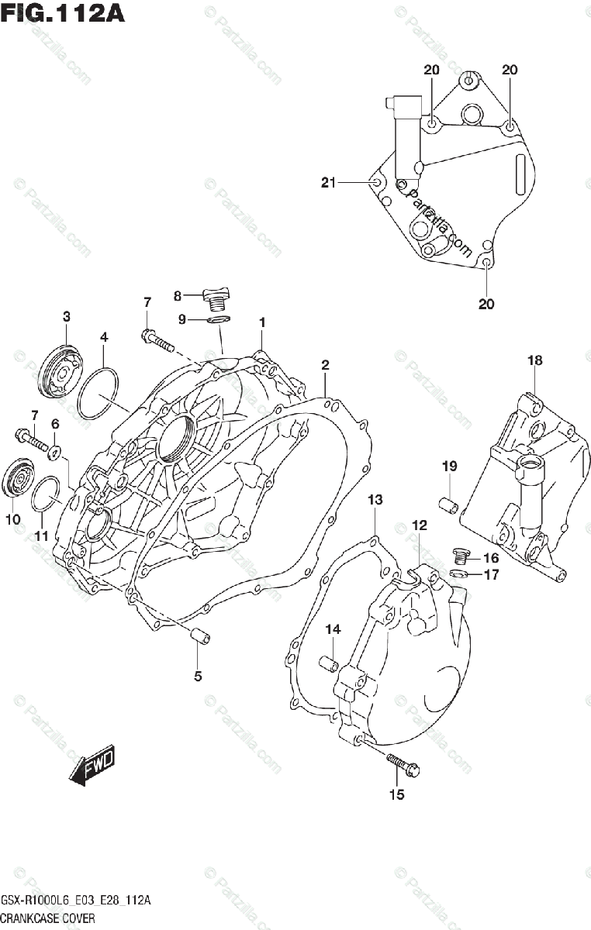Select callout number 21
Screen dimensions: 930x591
[328, 182]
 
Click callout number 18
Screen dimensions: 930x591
[534, 360]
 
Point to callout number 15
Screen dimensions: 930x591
[396, 794]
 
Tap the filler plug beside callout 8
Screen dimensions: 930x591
[216, 298]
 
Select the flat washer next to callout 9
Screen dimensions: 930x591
[219, 319]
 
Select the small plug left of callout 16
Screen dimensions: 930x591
[461, 555]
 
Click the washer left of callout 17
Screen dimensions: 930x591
[460, 574]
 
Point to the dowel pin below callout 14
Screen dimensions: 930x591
[329, 665]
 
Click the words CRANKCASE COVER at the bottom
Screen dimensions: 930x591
[48, 918]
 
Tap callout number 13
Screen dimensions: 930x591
[375, 500]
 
